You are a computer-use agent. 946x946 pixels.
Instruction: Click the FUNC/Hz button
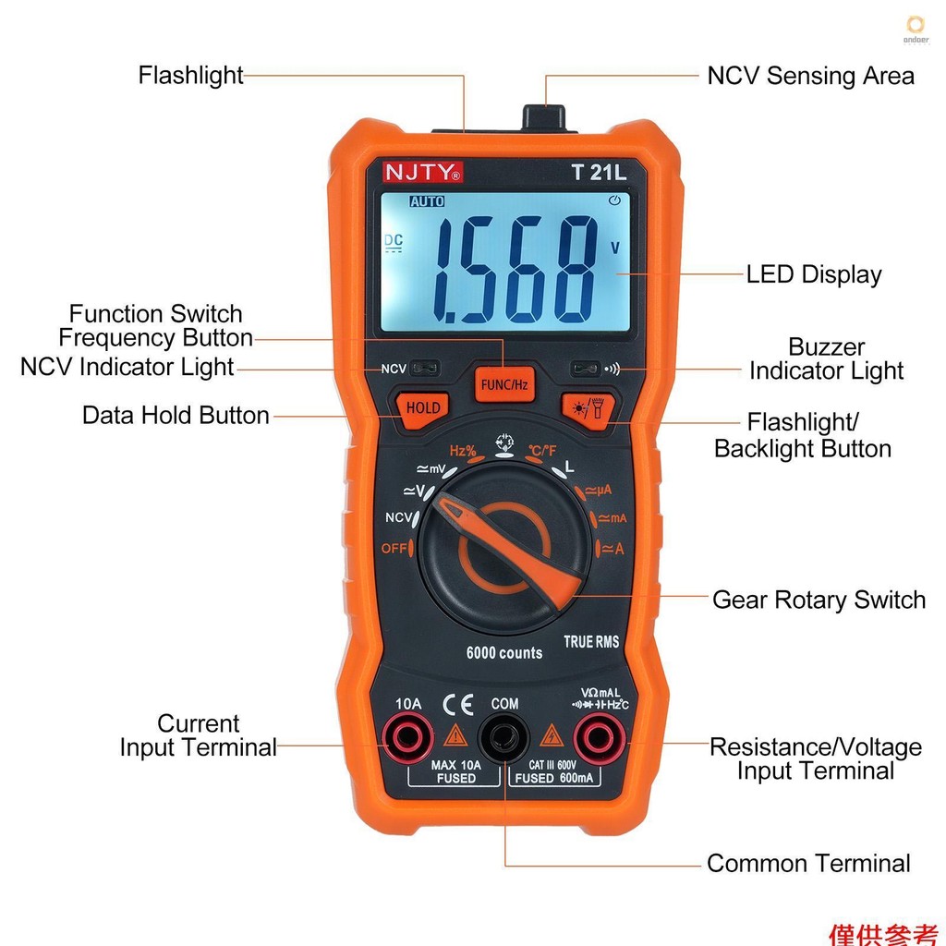click(503, 383)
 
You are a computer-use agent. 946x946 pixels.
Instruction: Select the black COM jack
click(503, 738)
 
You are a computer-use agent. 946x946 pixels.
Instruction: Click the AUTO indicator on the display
click(427, 201)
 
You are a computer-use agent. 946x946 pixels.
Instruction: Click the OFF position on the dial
click(394, 549)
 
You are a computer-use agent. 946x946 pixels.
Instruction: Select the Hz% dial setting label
click(463, 451)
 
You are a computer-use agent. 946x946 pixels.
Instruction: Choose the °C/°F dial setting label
click(542, 451)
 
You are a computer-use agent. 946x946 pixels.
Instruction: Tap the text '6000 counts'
click(503, 653)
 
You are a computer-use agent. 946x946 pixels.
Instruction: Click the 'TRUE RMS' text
click(591, 641)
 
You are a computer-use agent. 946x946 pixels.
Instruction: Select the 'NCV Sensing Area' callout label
click(810, 76)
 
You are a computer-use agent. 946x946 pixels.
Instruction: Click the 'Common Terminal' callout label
click(808, 864)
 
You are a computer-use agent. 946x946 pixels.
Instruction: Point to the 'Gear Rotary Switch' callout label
click(819, 600)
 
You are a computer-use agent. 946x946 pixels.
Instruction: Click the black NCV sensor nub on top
click(543, 117)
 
